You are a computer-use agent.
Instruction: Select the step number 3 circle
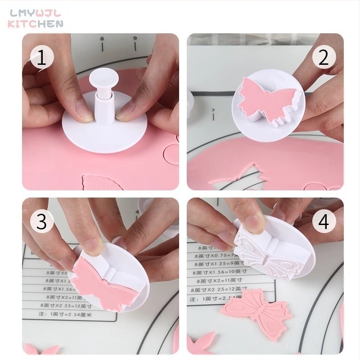[x=41, y=221]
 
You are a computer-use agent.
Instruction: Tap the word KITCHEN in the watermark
[x=36, y=24]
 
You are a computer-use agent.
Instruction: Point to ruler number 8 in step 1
[x=102, y=39]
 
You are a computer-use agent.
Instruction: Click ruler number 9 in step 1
[x=135, y=39]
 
